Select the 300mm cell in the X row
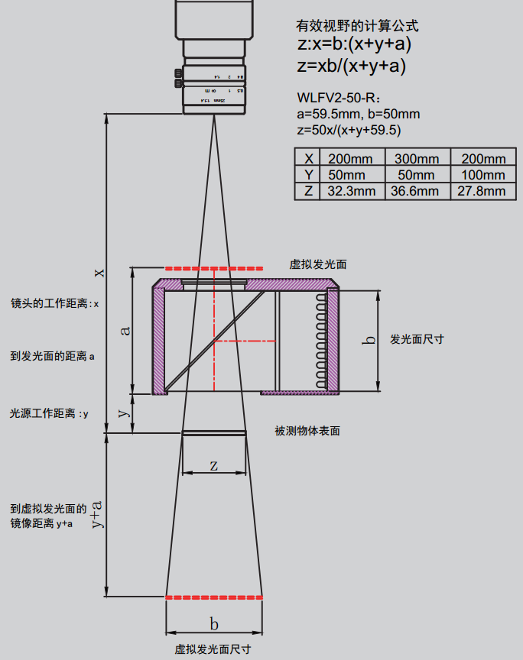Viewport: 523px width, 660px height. (x=417, y=159)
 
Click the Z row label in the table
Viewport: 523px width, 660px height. (x=308, y=191)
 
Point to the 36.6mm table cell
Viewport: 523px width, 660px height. (x=417, y=191)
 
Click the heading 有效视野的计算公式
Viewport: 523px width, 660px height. (x=357, y=26)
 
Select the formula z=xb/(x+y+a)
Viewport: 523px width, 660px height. (x=351, y=66)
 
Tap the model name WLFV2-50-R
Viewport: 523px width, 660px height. (x=337, y=99)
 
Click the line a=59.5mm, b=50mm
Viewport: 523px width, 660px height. (x=358, y=115)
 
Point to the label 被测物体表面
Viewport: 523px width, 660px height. (x=307, y=431)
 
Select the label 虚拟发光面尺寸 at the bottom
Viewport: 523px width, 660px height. (x=213, y=649)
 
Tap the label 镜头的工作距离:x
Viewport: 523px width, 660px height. (x=55, y=303)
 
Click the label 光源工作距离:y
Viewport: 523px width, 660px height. (x=49, y=413)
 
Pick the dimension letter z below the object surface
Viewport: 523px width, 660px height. (x=214, y=465)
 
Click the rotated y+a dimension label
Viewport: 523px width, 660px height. (x=97, y=515)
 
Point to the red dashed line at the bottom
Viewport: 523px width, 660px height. (x=214, y=596)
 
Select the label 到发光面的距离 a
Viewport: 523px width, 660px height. (x=52, y=355)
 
